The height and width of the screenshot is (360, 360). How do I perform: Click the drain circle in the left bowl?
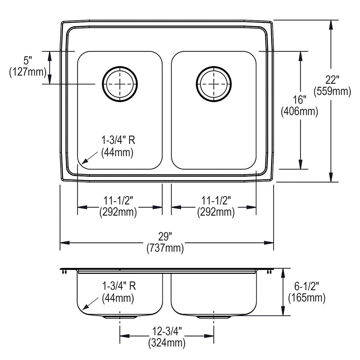[120, 84]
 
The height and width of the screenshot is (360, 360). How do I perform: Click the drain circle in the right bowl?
[214, 84]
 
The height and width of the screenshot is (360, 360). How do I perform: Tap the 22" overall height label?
[332, 80]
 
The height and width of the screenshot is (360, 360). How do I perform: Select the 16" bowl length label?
[299, 100]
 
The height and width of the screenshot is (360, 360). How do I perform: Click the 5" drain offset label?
[28, 59]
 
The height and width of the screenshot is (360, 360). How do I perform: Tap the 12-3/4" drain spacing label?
[167, 331]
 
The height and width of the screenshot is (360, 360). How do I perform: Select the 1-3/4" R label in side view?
[118, 287]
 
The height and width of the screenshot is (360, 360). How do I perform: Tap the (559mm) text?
[332, 91]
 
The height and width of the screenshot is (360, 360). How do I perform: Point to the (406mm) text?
[299, 112]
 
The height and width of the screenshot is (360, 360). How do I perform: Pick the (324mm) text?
[167, 342]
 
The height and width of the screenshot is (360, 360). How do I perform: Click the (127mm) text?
[28, 72]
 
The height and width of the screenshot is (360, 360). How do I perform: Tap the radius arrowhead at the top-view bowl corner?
[84, 163]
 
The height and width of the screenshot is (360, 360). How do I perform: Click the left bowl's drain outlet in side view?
[120, 317]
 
